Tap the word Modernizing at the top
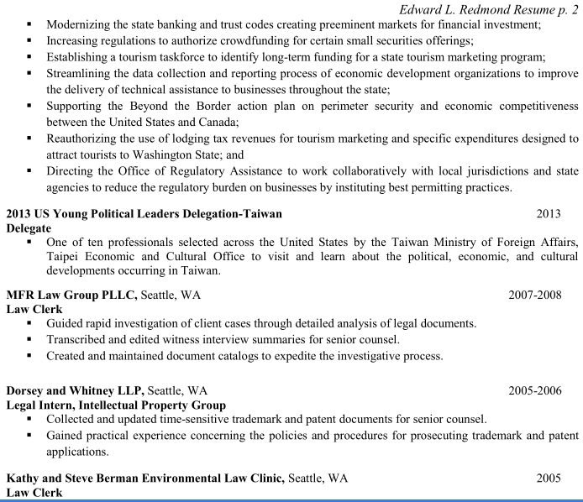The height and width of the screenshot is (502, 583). [80, 24]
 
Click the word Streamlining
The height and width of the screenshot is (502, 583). [81, 73]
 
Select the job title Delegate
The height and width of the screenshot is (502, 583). [29, 227]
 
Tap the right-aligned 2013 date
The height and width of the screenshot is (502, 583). [549, 214]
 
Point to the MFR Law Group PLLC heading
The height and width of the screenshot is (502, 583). [71, 295]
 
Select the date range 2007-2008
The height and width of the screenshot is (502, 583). [534, 295]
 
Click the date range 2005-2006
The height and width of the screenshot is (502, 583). [534, 390]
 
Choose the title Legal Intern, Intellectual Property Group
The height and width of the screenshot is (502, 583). [116, 405]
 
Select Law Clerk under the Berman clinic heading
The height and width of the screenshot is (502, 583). [34, 493]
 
